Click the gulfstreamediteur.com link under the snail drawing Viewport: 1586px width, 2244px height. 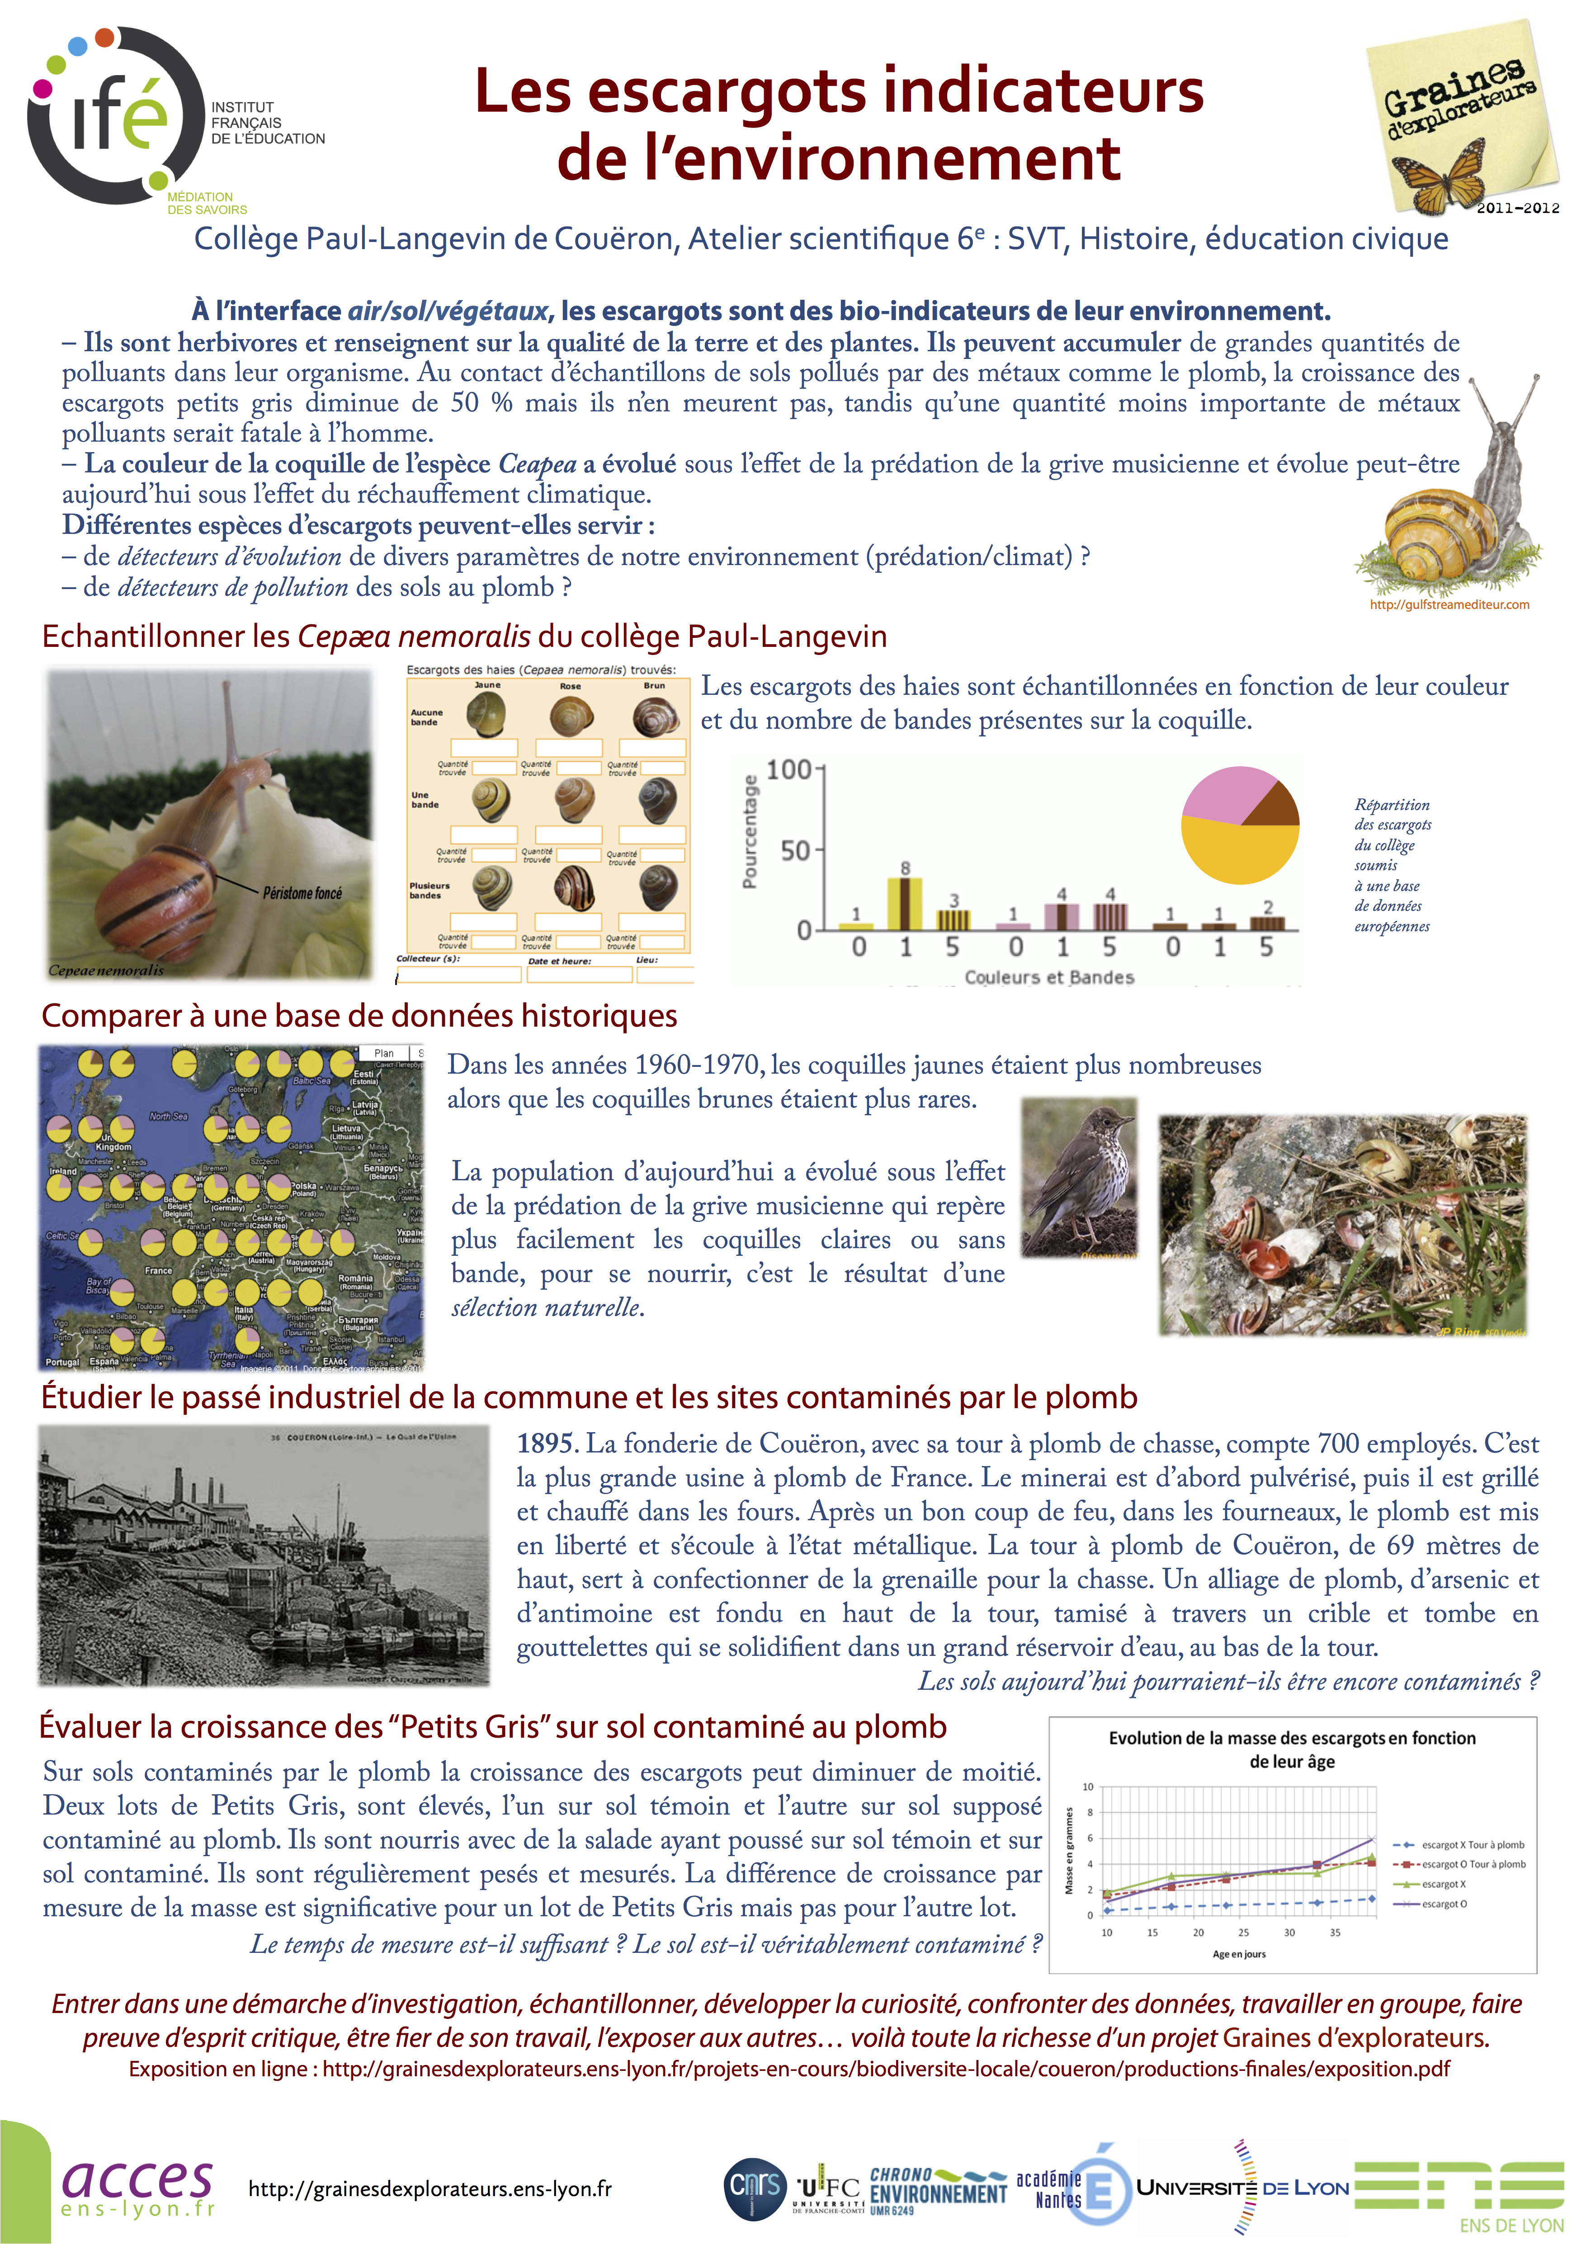pos(1449,605)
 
